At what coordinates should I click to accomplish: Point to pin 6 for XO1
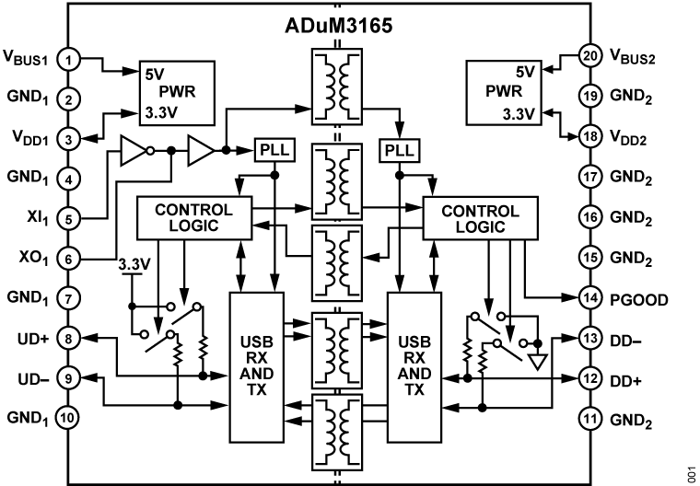pyautogui.click(x=67, y=260)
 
